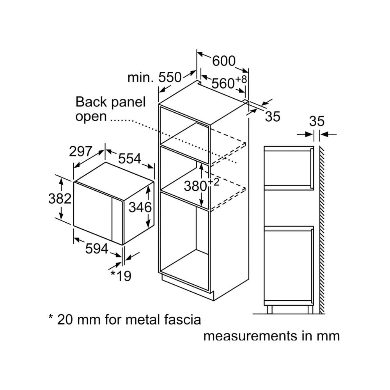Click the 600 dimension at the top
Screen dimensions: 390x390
pos(224,61)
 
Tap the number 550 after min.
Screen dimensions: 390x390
pos(170,77)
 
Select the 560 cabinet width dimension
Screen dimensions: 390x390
pos(223,83)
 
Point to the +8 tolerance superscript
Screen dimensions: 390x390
pos(241,79)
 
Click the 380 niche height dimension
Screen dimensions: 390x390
pos(195,186)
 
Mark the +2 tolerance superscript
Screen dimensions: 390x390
pos(214,182)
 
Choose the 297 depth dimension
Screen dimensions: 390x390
pos(81,151)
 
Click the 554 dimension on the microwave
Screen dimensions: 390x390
pos(129,158)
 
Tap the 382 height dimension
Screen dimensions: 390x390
pos(60,199)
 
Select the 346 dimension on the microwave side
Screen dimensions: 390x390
pos(140,207)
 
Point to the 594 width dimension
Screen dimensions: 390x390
pos(97,248)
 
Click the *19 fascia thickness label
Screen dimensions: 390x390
pos(121,275)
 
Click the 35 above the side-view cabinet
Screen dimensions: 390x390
pos(317,121)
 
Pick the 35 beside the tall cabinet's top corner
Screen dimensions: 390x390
pos(273,116)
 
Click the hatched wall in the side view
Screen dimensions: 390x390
pos(322,230)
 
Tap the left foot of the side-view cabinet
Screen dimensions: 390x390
pos(269,309)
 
